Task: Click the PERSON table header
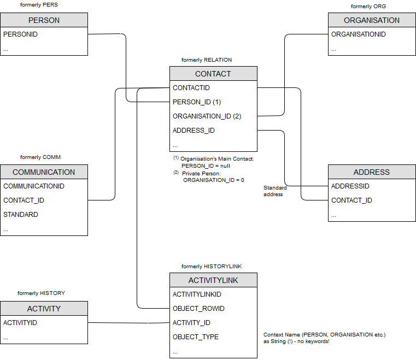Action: click(44, 20)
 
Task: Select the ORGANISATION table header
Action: click(372, 20)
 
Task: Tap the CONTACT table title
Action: click(213, 74)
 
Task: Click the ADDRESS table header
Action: click(372, 172)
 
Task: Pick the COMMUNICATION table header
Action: click(44, 172)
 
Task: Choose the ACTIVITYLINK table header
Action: click(213, 280)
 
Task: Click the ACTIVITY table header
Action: click(44, 309)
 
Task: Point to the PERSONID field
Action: click(20, 34)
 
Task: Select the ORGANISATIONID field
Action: click(359, 34)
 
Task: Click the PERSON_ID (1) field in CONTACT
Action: click(197, 102)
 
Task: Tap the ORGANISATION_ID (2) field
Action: click(207, 116)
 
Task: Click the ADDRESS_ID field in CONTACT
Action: click(194, 131)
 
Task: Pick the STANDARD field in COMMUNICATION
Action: click(21, 215)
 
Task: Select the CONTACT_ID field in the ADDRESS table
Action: click(351, 200)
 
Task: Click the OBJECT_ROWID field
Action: click(198, 309)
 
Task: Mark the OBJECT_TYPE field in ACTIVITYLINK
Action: click(196, 337)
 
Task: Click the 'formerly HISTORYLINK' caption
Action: click(212, 267)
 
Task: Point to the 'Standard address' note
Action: click(275, 191)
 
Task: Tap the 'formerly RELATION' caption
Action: click(207, 60)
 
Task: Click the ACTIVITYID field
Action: click(20, 323)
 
